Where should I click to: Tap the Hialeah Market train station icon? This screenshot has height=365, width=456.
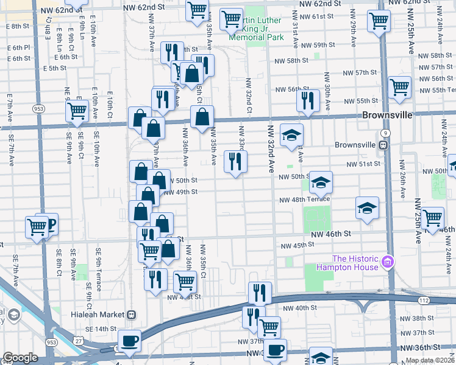pyautogui.click(x=131, y=315)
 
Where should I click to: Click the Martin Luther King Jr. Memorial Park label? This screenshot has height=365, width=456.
pyautogui.click(x=256, y=29)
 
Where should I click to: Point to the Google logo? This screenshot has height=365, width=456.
pyautogui.click(x=20, y=358)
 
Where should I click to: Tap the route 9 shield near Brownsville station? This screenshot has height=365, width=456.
pyautogui.click(x=385, y=132)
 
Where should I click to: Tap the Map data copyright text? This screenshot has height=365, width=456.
pyautogui.click(x=429, y=360)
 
